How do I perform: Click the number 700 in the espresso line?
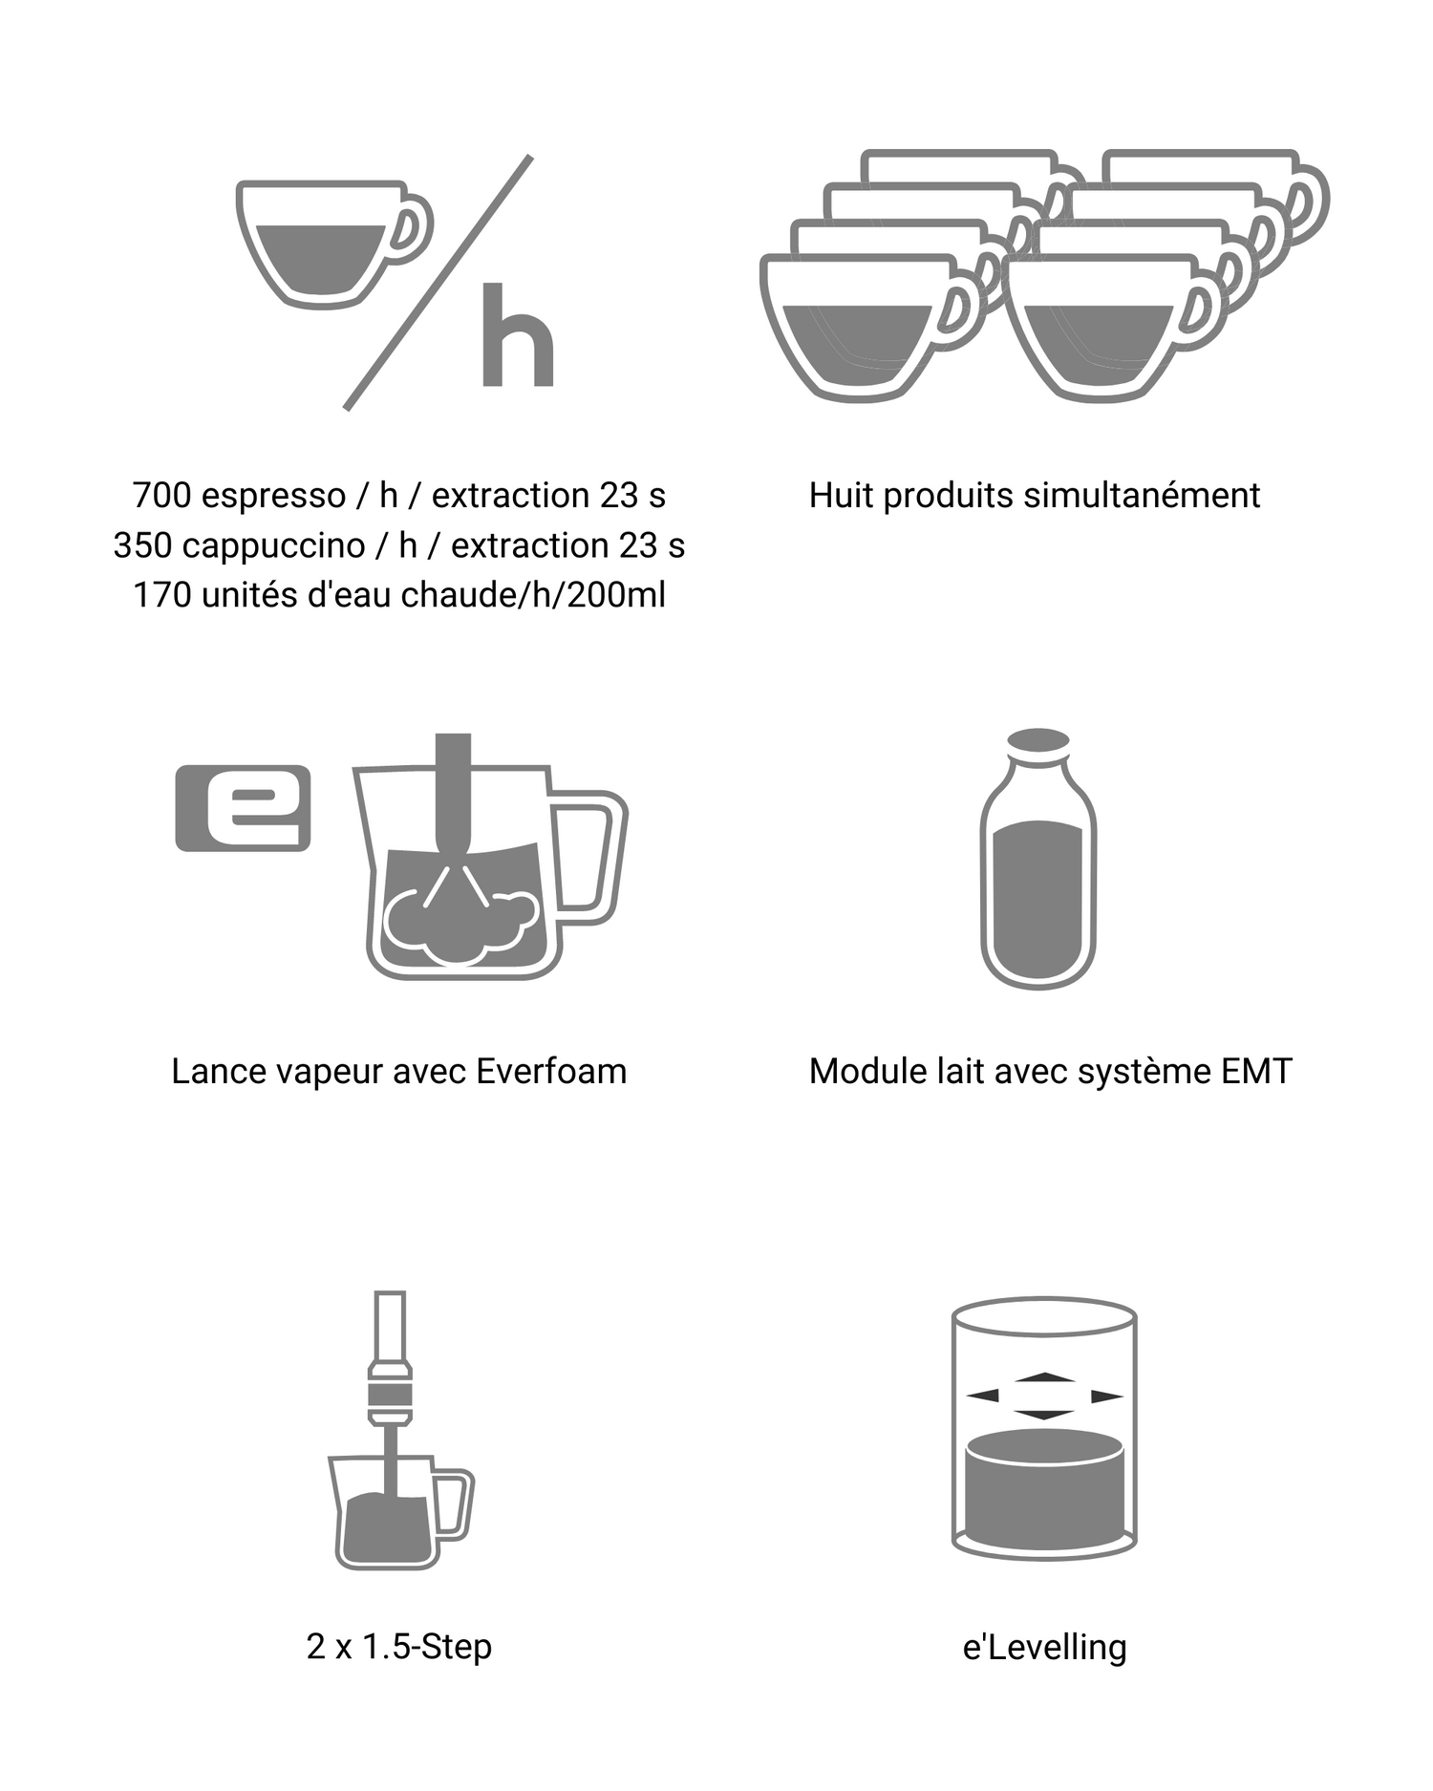pos(162,496)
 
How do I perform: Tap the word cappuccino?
pos(273,545)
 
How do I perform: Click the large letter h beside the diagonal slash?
pos(518,335)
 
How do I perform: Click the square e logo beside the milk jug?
pos(243,808)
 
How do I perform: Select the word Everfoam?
pos(551,1072)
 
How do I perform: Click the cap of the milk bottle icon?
pos(1038,742)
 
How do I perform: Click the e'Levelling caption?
pos(1044,1648)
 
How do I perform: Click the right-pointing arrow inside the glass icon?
pos(1107,1397)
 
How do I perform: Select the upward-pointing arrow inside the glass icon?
pos(1045,1377)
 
